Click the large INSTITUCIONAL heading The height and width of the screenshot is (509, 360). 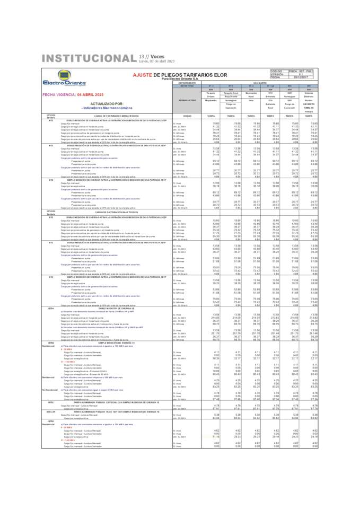tap(89, 58)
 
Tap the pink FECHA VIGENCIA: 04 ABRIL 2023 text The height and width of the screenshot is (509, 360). tap(65, 94)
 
